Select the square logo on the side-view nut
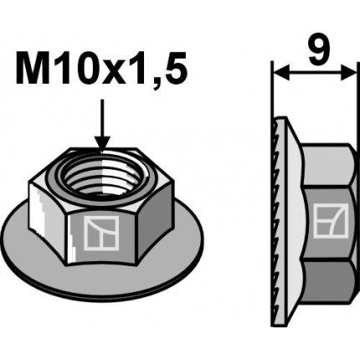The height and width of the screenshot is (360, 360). coord(325,223)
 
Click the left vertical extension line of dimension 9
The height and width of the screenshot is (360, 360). coord(274,92)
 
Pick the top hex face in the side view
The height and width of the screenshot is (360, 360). coord(327,159)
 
